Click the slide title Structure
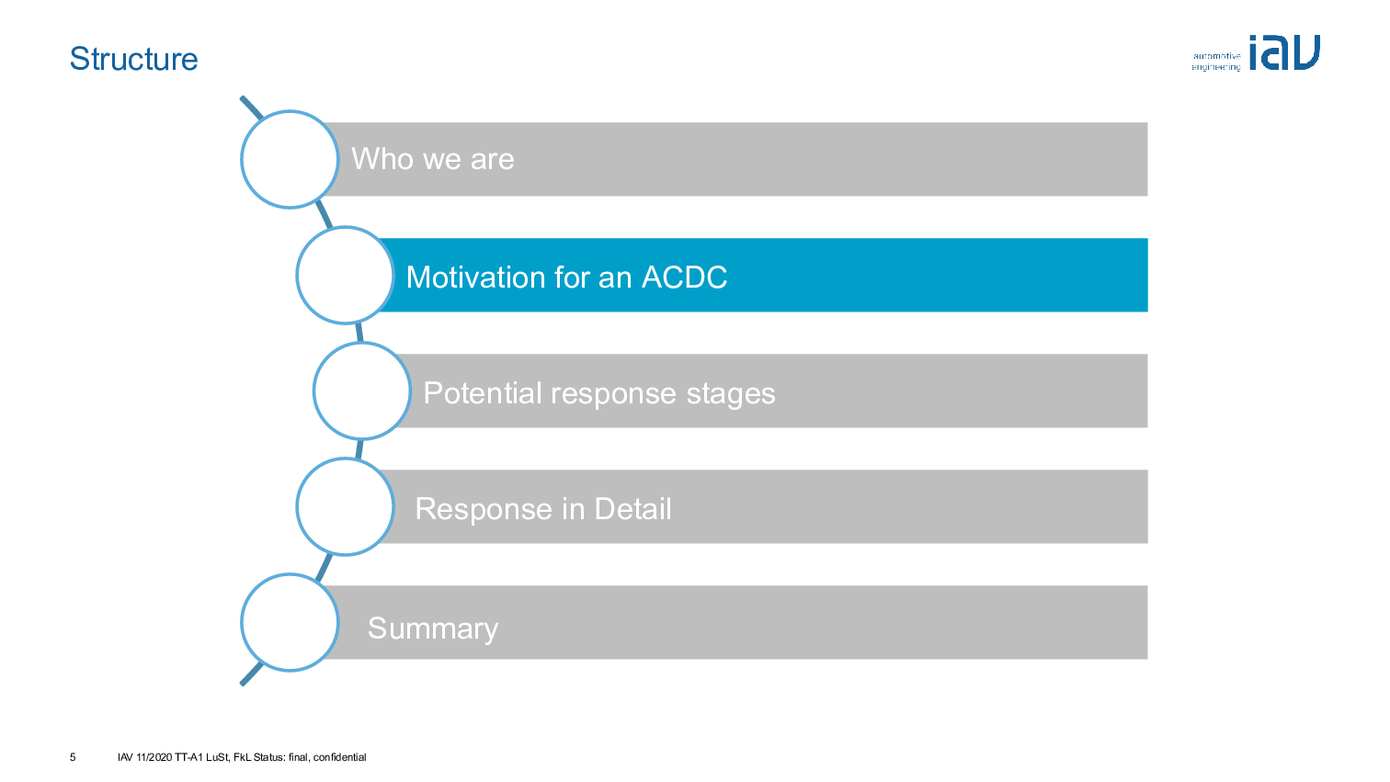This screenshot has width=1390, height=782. pos(133,59)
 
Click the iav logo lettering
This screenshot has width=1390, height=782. pos(1284,52)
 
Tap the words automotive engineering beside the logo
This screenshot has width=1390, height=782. pos(1216,62)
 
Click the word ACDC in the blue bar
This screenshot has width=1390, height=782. pos(684,278)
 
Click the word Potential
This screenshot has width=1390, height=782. pos(482,393)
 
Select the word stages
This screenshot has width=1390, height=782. pos(730,394)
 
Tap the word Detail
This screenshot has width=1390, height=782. pos(632,509)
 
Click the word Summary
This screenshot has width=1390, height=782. pos(432,629)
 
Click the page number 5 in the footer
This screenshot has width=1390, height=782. pos(73,757)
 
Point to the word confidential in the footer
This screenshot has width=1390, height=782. pos(339,757)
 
